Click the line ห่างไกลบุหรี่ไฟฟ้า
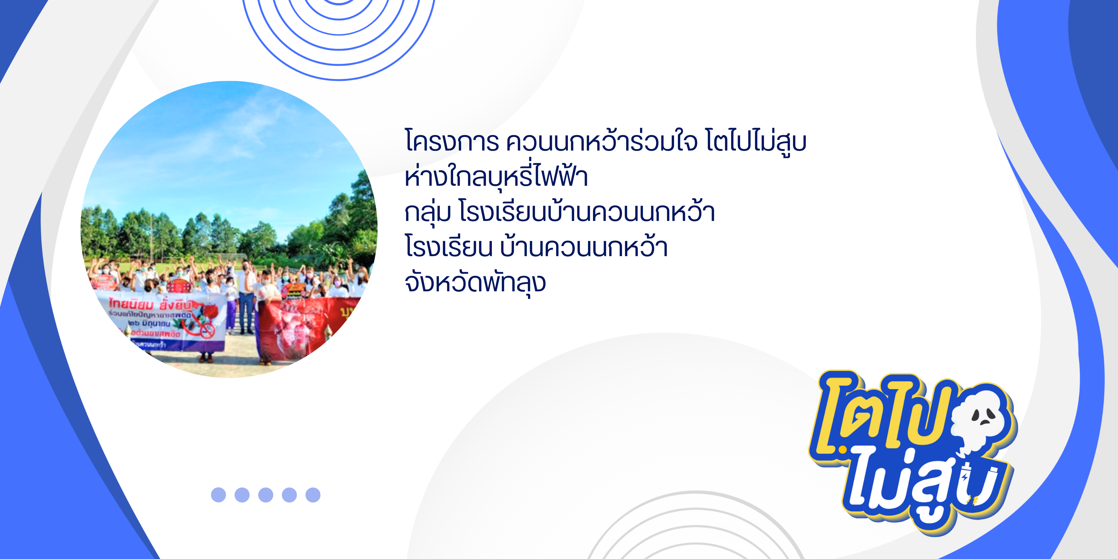496,177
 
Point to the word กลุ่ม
427,213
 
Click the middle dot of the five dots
266,495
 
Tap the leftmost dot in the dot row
218,495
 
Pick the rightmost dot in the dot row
313,495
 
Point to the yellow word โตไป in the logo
881,412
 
